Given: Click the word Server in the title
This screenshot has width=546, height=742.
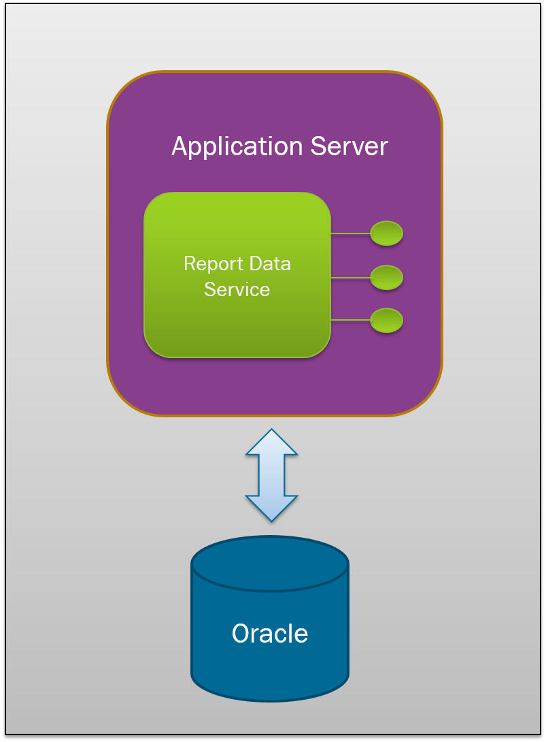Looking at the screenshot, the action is click(349, 146).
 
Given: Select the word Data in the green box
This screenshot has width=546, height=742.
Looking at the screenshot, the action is click(270, 263).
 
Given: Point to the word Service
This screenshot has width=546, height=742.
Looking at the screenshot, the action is click(237, 289).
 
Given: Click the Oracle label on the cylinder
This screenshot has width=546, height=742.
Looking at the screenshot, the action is click(270, 634).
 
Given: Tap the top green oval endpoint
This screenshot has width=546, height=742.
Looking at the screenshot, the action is click(387, 233).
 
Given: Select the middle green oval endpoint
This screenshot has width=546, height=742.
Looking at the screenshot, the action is click(387, 277).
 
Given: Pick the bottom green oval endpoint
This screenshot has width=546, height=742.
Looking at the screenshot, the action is click(387, 321).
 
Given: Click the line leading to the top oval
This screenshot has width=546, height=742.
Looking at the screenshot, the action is click(350, 233).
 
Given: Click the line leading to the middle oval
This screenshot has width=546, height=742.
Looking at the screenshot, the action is click(350, 277).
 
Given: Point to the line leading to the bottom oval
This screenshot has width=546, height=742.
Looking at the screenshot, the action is click(350, 321).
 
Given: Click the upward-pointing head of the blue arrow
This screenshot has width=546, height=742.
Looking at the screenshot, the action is click(271, 443).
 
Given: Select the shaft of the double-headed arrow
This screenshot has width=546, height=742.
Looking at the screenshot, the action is click(271, 475).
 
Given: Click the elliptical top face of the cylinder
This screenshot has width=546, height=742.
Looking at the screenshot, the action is click(270, 564).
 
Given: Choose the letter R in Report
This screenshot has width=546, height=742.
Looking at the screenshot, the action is click(190, 263).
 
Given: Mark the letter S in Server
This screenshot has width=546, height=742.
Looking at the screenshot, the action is click(318, 146).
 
